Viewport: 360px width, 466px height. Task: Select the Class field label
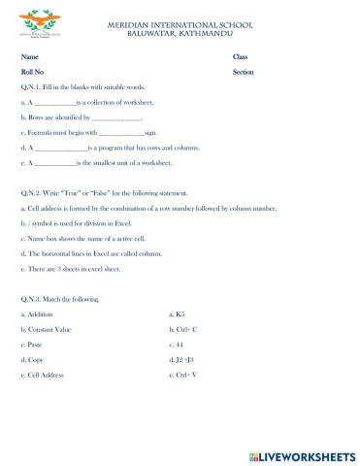pyautogui.click(x=241, y=57)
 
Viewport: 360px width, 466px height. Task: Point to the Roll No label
pyautogui.click(x=34, y=72)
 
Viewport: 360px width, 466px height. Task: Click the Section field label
pyautogui.click(x=244, y=72)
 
